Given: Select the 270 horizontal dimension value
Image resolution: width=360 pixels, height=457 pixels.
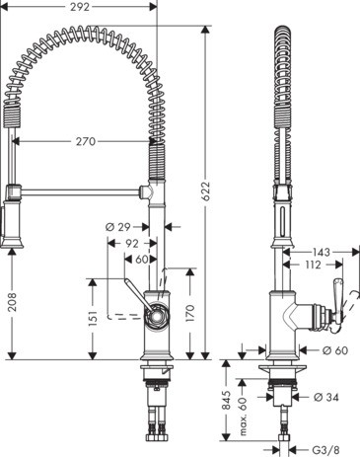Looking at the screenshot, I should (x=86, y=141).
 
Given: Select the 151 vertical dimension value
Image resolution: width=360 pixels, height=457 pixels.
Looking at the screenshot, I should (x=92, y=318).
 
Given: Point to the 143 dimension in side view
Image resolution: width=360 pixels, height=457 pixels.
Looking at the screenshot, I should (x=323, y=252).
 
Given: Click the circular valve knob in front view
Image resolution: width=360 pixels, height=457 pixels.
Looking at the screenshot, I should (x=155, y=318).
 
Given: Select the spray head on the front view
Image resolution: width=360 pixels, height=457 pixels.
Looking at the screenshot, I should (x=13, y=222).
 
